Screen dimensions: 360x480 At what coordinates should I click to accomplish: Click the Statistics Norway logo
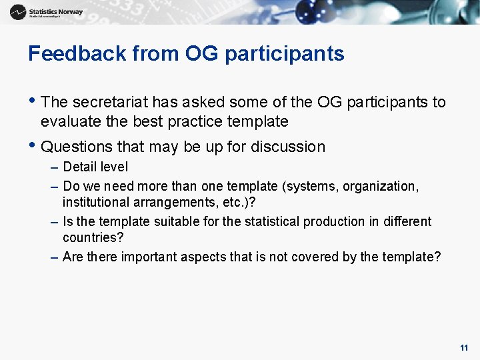coord(47,12)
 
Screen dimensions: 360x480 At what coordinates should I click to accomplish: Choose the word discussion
coord(287,147)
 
